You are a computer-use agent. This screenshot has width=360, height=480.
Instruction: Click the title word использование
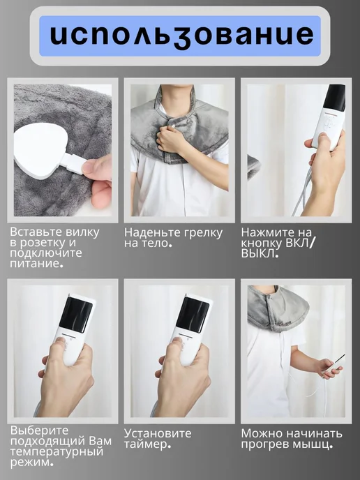click(182, 35)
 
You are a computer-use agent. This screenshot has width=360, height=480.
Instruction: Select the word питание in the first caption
click(35, 264)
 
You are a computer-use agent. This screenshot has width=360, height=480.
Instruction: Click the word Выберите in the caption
click(39, 430)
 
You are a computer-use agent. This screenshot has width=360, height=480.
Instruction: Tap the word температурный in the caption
click(56, 452)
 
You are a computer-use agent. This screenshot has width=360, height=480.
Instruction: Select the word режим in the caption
click(30, 463)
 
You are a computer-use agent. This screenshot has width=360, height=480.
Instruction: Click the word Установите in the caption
click(158, 433)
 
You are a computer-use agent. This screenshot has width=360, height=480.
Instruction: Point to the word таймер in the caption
click(146, 444)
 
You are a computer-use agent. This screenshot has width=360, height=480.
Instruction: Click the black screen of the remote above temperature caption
click(75, 313)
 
